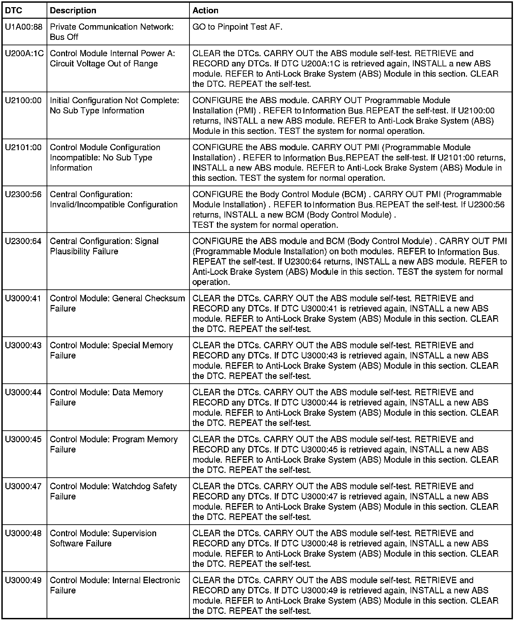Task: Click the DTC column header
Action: point(14,11)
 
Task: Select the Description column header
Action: point(73,11)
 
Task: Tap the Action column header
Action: point(205,11)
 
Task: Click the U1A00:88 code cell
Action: point(24,27)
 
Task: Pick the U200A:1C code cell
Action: point(24,53)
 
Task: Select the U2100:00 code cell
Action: point(23,100)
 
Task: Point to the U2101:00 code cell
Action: point(23,147)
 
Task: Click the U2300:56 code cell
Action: point(23,194)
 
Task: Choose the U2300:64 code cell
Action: point(23,241)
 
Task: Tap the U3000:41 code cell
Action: point(23,299)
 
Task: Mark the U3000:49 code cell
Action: point(23,580)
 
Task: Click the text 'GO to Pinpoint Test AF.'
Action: point(237,27)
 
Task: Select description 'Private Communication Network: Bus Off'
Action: point(112,32)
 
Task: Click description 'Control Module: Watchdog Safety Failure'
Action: point(113,491)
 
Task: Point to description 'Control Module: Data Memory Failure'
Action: point(106,397)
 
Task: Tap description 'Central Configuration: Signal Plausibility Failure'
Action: point(104,246)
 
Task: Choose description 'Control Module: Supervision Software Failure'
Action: point(103,538)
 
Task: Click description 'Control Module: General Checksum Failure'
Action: point(117,303)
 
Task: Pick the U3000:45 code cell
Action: point(23,440)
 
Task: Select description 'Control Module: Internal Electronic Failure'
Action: point(115,585)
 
